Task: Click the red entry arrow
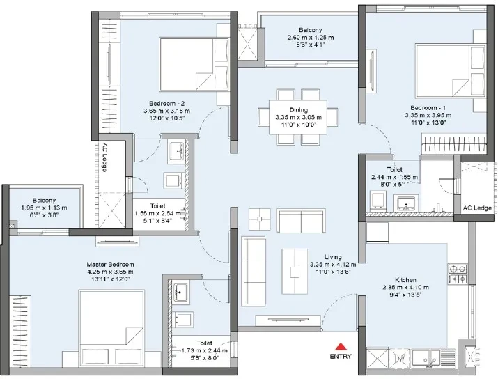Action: [x=341, y=346]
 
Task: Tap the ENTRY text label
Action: [x=341, y=356]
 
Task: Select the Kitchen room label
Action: [x=405, y=280]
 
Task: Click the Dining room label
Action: [x=299, y=110]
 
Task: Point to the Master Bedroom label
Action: [x=110, y=264]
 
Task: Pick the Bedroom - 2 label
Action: [x=166, y=104]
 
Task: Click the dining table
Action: [x=298, y=117]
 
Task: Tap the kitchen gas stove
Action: [x=458, y=274]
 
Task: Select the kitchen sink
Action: [x=426, y=358]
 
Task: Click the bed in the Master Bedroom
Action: [x=111, y=328]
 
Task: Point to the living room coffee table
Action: [x=295, y=272]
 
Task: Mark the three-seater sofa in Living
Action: [x=254, y=272]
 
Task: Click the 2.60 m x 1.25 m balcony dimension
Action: [x=311, y=38]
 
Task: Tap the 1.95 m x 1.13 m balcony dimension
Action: [x=44, y=208]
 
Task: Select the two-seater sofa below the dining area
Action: [x=301, y=221]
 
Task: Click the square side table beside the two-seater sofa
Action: [x=260, y=219]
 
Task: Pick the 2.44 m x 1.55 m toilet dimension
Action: [x=394, y=177]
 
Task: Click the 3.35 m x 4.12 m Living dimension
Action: [x=333, y=264]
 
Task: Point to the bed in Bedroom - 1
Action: [x=451, y=71]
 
